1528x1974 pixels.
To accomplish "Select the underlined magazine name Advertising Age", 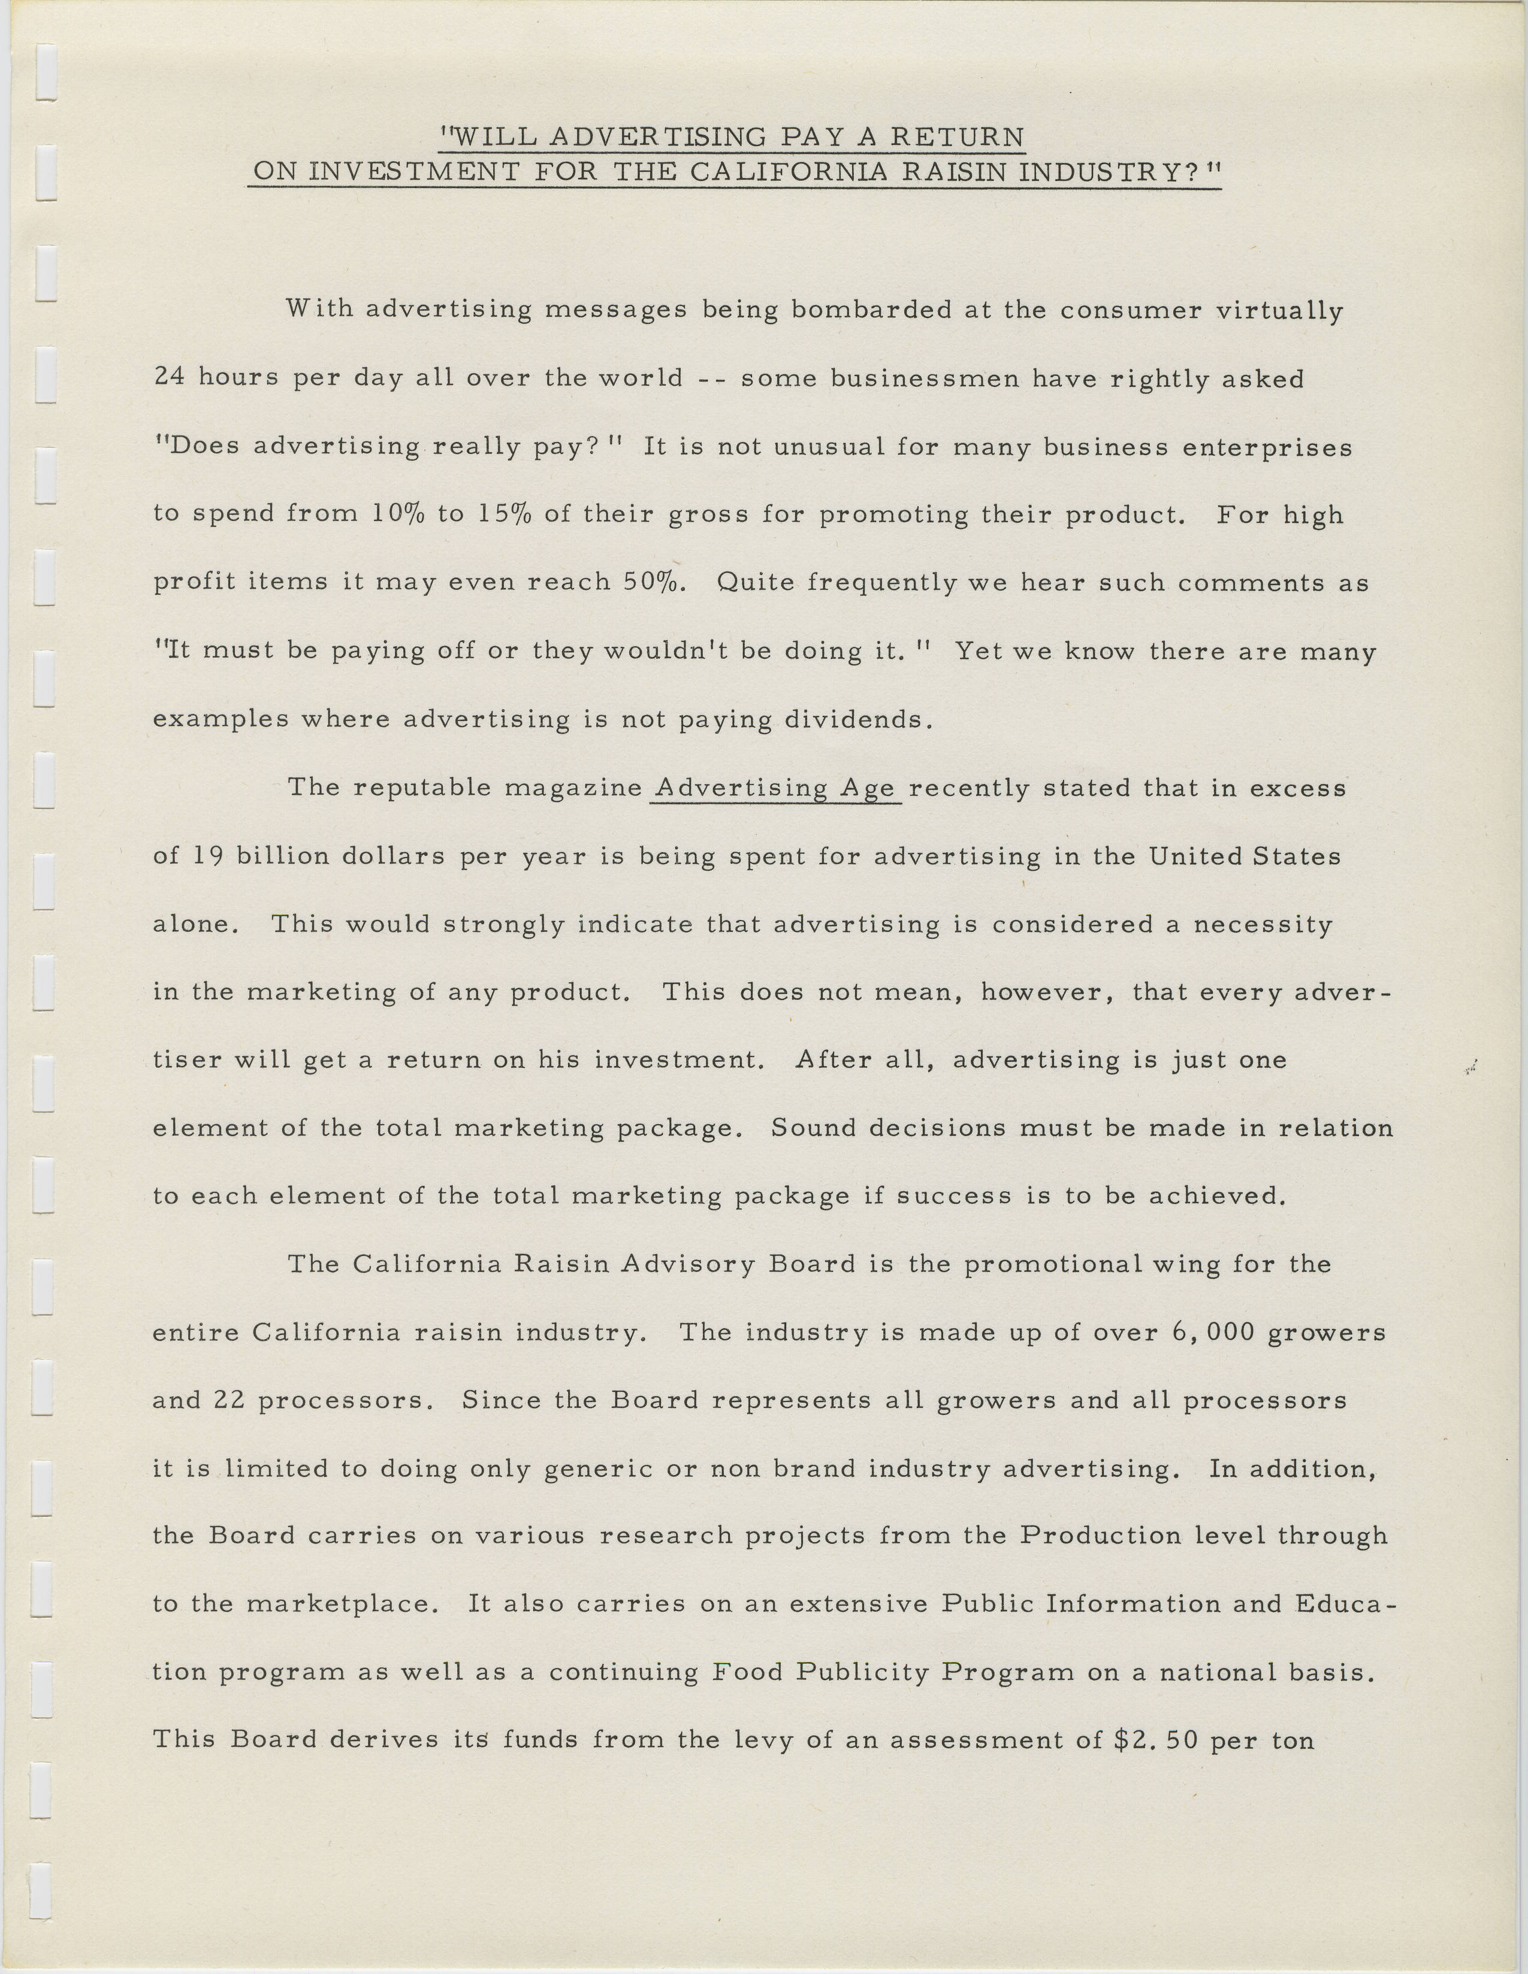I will (x=776, y=788).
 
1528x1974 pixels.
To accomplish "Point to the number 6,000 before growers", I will (x=1210, y=1332).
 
